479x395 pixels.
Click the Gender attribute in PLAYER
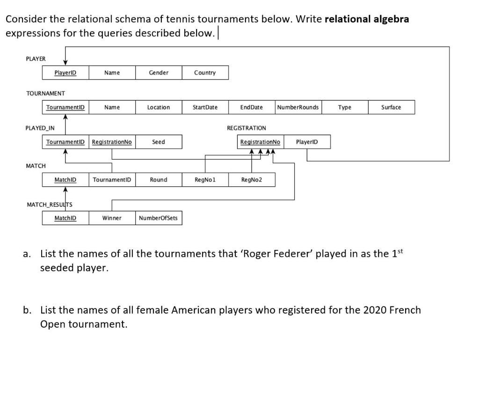[159, 73]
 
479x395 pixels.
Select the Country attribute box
[205, 73]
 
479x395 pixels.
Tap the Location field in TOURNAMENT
[159, 107]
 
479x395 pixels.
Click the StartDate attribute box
[205, 107]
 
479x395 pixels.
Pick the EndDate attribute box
[251, 107]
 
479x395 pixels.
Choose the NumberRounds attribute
[298, 107]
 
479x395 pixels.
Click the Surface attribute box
[391, 107]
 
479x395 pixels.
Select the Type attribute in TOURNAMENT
[345, 107]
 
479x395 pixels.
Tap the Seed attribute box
[159, 142]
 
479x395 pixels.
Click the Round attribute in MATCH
[159, 180]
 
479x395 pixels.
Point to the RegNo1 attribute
[205, 180]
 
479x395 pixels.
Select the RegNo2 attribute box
[252, 180]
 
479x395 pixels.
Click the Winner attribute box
[112, 218]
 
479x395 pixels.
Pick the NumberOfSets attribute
[159, 218]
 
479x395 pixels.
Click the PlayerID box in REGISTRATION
[307, 142]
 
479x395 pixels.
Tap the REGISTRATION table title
[247, 128]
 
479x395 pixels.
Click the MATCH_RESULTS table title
[50, 205]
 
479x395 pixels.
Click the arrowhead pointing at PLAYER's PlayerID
[65, 63]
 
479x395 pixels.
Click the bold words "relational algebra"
[367, 19]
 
